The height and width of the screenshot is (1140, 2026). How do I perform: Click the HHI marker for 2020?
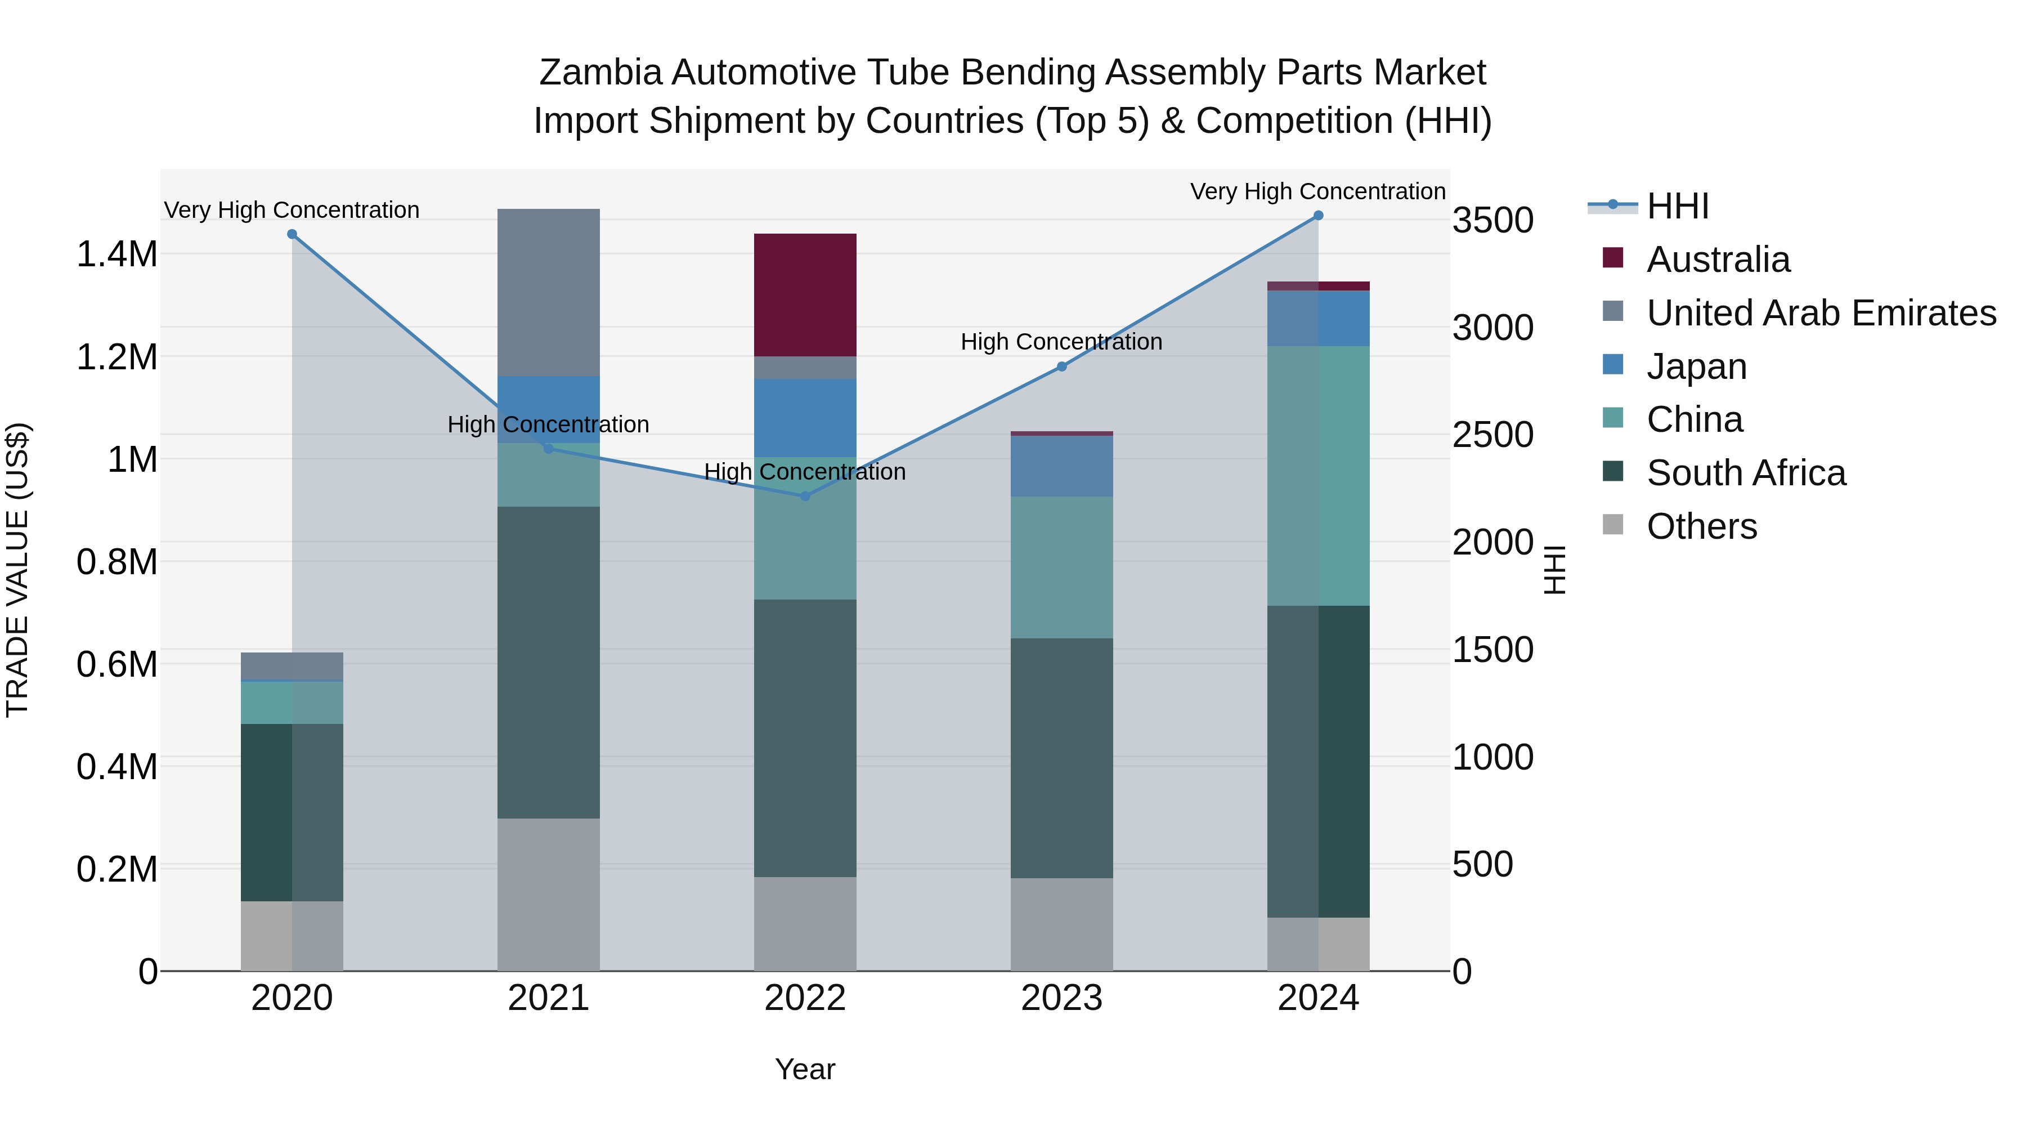(292, 234)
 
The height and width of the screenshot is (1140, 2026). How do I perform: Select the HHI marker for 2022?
(805, 497)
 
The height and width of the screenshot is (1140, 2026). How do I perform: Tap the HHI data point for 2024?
(1318, 216)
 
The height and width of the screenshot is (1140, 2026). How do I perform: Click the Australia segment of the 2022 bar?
(805, 295)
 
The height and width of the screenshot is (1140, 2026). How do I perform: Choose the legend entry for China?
(1694, 419)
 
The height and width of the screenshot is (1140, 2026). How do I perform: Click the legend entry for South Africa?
(1745, 473)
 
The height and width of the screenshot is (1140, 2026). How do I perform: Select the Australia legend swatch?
(1612, 258)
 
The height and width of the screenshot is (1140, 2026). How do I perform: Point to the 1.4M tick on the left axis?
(117, 254)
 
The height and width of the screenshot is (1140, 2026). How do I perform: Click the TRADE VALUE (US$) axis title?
(17, 570)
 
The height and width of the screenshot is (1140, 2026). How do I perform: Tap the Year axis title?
(805, 1069)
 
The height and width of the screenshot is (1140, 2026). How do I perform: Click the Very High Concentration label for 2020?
(292, 210)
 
